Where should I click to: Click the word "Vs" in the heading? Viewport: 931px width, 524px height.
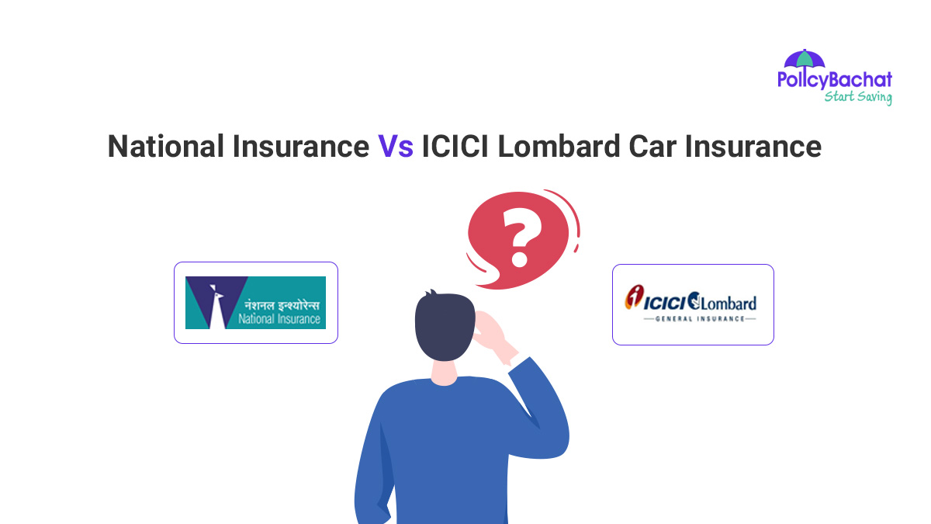396,146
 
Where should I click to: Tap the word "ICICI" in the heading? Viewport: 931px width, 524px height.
456,146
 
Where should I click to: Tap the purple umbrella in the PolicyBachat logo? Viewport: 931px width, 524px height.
804,61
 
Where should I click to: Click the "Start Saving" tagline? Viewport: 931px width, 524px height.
857,97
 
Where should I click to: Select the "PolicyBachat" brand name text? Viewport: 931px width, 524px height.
835,80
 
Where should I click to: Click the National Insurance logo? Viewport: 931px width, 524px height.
255,303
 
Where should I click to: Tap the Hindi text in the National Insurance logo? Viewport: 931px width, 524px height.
280,304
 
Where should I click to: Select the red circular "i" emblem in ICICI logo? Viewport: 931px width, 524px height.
635,297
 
